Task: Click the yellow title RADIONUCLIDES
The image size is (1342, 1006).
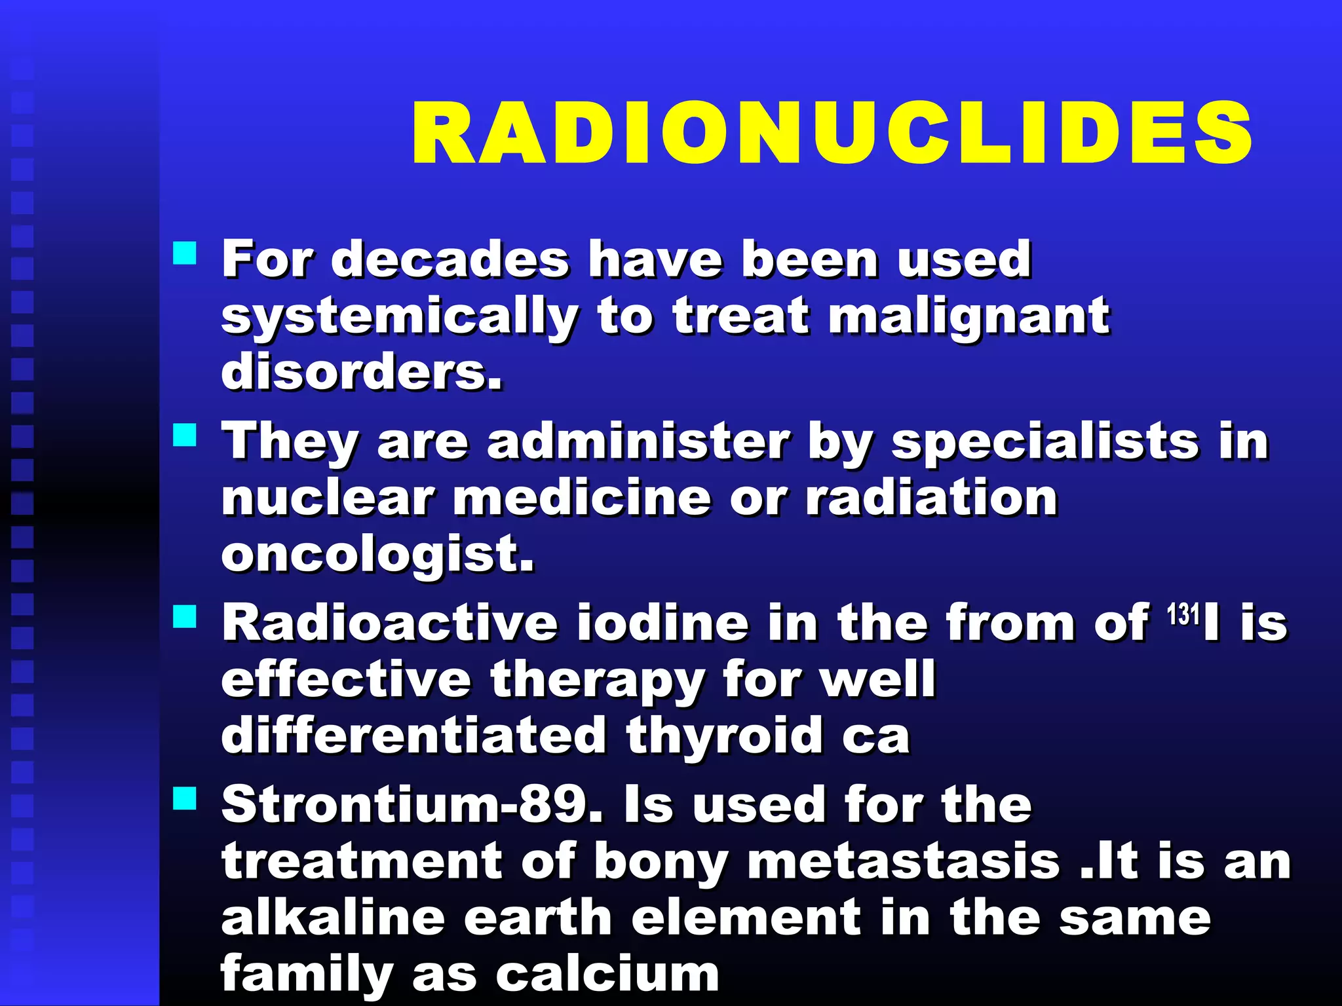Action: pyautogui.click(x=832, y=134)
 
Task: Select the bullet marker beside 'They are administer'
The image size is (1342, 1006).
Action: pyautogui.click(x=185, y=435)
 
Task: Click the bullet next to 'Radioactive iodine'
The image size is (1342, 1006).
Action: pyautogui.click(x=185, y=616)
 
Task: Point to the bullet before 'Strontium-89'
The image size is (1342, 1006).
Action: pyautogui.click(x=185, y=798)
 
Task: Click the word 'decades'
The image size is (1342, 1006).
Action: pyautogui.click(x=450, y=259)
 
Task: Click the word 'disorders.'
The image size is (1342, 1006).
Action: pyautogui.click(x=362, y=372)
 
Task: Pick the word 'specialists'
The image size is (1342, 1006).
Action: pyautogui.click(x=1045, y=442)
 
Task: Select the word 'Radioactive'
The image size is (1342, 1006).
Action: pyautogui.click(x=389, y=623)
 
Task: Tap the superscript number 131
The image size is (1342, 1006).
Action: pyautogui.click(x=1183, y=614)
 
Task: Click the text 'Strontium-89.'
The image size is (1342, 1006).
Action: pyautogui.click(x=412, y=805)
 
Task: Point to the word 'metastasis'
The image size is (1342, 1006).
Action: pyautogui.click(x=904, y=862)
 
